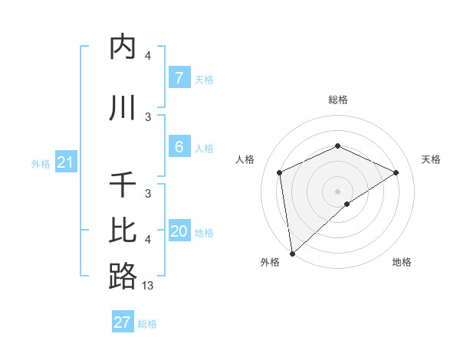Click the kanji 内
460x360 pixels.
[123, 47]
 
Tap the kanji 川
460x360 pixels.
[123, 108]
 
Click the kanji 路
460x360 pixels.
[123, 276]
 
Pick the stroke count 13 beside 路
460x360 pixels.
[148, 286]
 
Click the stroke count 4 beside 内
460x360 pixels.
[148, 56]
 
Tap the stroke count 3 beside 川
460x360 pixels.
[148, 116]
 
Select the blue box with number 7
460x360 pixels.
[179, 77]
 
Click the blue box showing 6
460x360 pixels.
[179, 146]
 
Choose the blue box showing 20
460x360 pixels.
[179, 231]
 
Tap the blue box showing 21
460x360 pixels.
[65, 162]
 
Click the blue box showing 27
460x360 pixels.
[122, 322]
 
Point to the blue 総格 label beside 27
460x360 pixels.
[147, 324]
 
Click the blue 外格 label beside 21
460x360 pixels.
[40, 164]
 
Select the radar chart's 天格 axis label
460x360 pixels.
[432, 159]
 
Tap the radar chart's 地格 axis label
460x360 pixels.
[402, 262]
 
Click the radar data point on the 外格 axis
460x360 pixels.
[291, 254]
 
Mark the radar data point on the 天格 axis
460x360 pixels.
[396, 172]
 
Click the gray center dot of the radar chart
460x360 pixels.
[337, 191]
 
